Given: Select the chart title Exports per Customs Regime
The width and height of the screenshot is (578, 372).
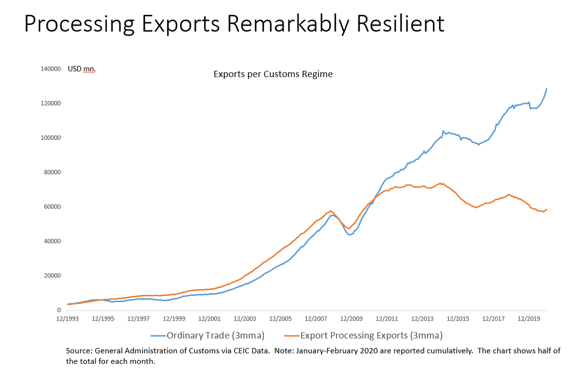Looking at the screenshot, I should coord(273,74).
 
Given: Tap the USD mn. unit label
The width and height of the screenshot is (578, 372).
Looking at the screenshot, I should coord(81,69).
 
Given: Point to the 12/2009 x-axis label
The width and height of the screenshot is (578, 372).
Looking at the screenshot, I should coord(351,319).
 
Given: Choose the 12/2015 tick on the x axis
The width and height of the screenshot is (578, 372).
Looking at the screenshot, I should coord(457,319).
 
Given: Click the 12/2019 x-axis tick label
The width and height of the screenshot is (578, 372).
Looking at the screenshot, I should coord(528,319).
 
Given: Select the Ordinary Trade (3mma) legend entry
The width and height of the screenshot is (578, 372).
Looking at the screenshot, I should coord(210,335).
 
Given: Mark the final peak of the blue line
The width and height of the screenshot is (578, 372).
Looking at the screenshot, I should coord(547,89).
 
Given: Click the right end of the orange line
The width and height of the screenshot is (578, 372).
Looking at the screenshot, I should coord(547,209).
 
